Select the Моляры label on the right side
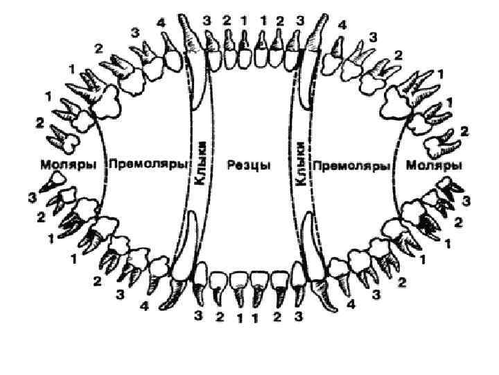point(435,165)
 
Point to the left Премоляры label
point(149,165)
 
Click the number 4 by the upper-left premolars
point(161,23)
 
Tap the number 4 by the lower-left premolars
point(144,306)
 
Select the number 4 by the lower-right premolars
point(351,304)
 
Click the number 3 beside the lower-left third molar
point(32,198)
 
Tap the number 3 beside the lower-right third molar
point(466,201)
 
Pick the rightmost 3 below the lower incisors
point(299,317)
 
